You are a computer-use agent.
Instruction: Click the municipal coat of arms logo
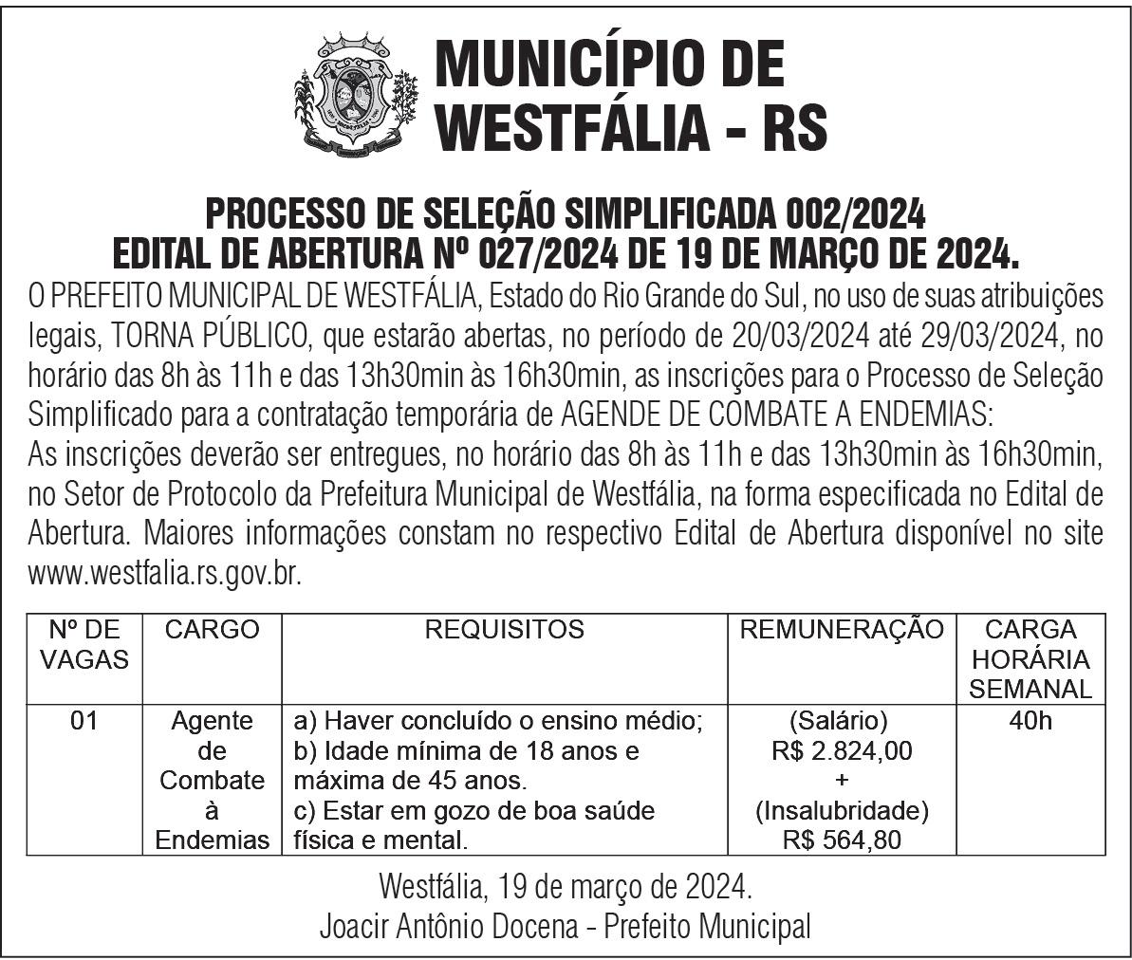click(356, 96)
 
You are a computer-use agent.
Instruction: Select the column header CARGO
click(212, 629)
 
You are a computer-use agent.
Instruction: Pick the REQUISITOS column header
click(504, 629)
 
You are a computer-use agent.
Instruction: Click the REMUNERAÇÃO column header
click(842, 629)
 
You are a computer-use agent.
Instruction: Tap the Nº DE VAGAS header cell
click(84, 644)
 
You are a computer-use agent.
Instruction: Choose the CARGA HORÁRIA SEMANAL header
click(1030, 658)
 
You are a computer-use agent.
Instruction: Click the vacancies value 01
click(84, 721)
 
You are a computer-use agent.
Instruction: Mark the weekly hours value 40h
click(1030, 721)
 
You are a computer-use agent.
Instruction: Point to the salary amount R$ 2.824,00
click(842, 751)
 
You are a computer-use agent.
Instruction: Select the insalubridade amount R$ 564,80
click(842, 840)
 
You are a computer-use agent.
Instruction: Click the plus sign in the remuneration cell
click(842, 781)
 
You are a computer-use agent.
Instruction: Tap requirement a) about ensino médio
click(498, 721)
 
